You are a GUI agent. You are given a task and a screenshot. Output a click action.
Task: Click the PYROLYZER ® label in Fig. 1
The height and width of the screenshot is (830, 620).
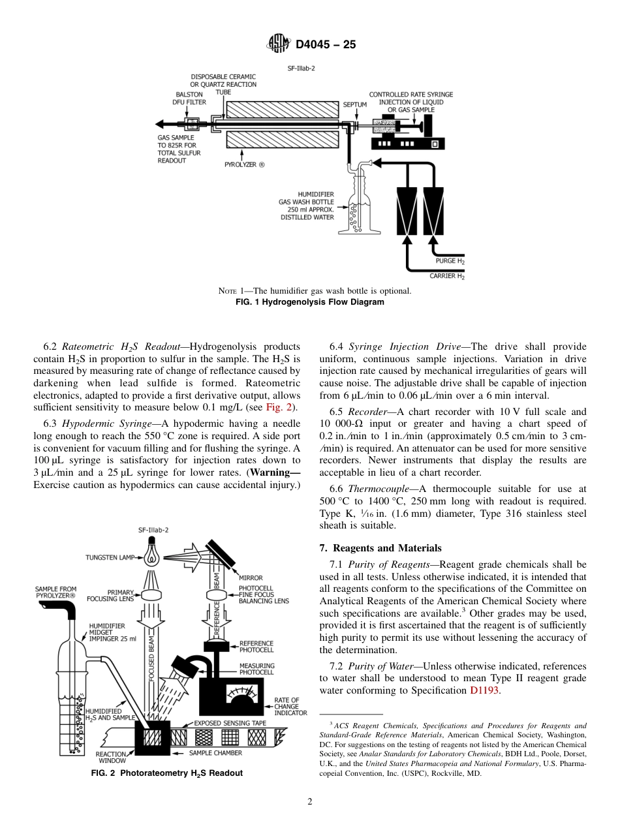[245, 165]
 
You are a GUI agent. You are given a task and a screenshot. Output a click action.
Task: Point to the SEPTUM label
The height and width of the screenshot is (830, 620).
[355, 104]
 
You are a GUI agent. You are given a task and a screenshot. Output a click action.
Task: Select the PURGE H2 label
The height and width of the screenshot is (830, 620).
[450, 261]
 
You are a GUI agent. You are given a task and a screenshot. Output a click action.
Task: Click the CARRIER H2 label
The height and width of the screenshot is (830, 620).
[447, 277]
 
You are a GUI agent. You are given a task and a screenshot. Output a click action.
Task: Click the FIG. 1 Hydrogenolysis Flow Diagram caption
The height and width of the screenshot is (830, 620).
[309, 302]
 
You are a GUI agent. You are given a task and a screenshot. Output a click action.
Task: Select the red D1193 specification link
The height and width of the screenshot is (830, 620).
[484, 690]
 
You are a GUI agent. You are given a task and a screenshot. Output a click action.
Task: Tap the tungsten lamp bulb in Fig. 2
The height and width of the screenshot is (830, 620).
[152, 555]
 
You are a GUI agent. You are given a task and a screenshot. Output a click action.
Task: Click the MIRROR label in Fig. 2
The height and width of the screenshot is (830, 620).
[251, 577]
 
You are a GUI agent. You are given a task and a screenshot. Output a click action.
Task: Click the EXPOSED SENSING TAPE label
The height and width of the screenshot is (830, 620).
[228, 723]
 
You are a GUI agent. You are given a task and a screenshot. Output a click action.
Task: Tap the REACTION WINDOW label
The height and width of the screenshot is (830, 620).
[112, 757]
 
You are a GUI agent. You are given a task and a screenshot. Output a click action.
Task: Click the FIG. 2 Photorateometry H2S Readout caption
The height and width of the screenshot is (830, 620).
[166, 773]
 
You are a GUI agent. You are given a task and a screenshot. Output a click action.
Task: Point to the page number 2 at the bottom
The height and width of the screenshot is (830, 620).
[310, 802]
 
